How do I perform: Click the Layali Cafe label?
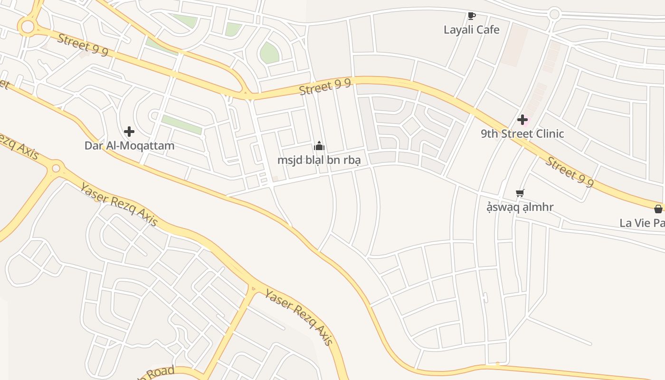point(471,29)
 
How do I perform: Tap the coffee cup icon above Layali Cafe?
point(471,16)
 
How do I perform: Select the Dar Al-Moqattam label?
point(129,145)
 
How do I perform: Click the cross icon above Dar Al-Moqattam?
point(129,132)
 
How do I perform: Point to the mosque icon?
point(319,146)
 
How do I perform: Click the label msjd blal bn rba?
point(319,160)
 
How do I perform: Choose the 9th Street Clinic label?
point(522,133)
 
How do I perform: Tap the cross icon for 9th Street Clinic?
point(522,120)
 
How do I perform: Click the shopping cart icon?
point(520,193)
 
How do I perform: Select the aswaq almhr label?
point(520,207)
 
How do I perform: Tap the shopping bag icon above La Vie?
point(658,209)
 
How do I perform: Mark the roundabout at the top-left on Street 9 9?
point(28,27)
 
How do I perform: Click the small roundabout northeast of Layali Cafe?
point(554,14)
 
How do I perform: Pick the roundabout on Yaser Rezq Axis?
point(56,168)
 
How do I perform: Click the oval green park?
point(269,53)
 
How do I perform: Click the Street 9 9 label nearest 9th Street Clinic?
point(569,171)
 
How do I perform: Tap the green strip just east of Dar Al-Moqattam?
point(181,124)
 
